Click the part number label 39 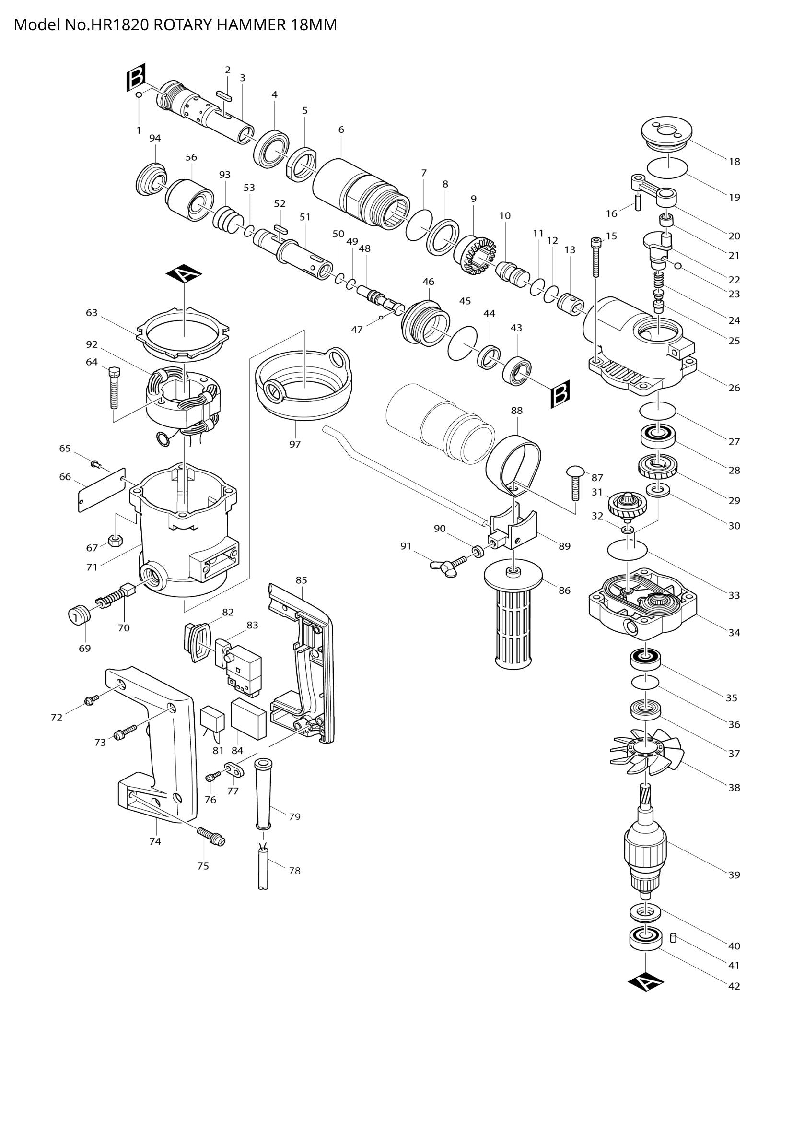pos(734,875)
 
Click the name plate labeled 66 pos(102,489)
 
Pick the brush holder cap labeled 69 pos(78,614)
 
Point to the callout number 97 pos(294,444)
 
